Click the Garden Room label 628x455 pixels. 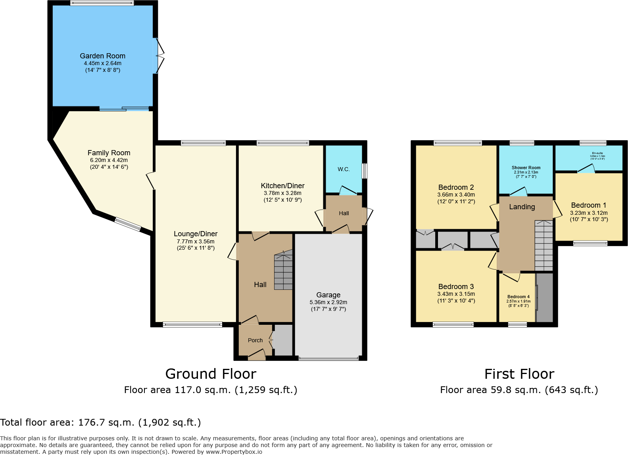(102, 56)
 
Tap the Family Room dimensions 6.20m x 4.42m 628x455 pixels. (109, 160)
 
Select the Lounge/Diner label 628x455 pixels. (196, 234)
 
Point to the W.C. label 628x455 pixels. (344, 169)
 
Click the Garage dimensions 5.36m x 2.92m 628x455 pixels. (328, 302)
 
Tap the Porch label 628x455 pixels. (255, 340)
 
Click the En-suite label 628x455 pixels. (597, 153)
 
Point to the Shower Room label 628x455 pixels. (526, 168)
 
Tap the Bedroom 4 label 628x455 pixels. (518, 297)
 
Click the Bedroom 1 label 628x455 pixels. (588, 205)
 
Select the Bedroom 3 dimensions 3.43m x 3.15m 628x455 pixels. (456, 294)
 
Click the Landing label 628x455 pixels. (522, 207)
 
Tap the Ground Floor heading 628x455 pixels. (211, 374)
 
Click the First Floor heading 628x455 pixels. (519, 374)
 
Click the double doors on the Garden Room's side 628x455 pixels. (159, 56)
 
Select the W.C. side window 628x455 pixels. (364, 171)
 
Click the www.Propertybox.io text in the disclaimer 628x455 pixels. (234, 452)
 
